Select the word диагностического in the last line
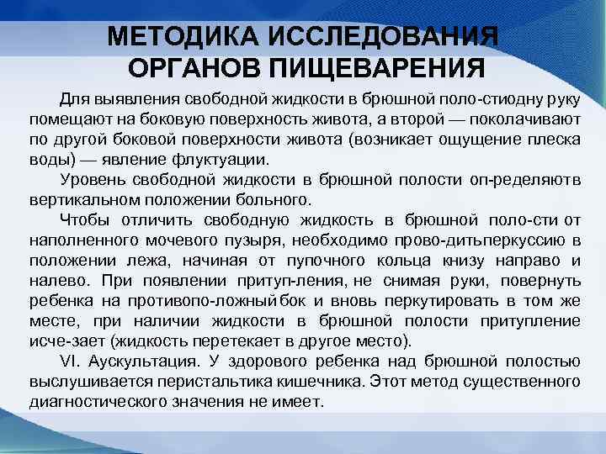103,402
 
